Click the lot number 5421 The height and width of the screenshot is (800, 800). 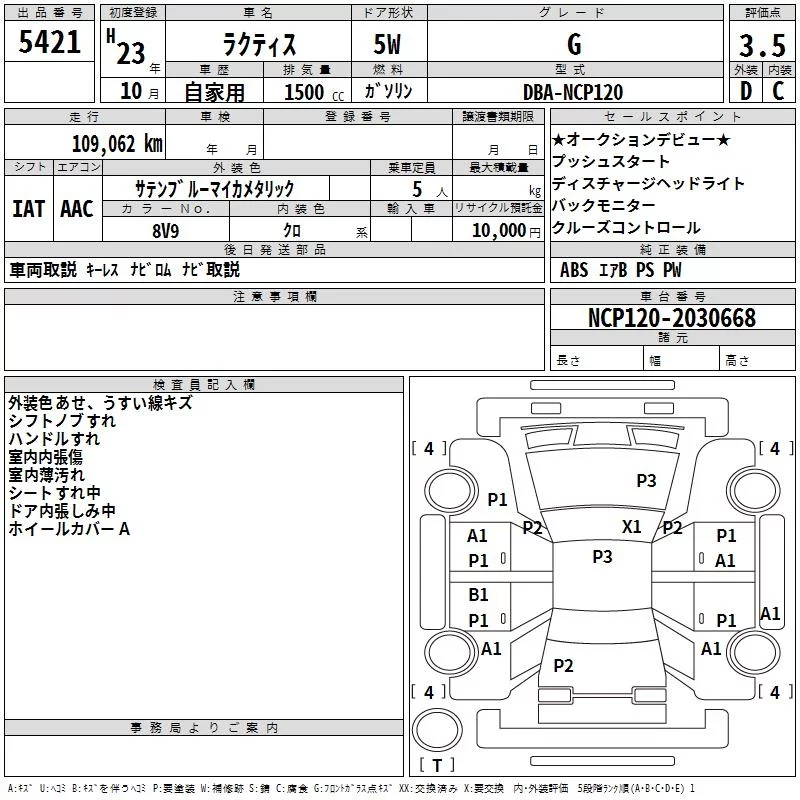point(49,42)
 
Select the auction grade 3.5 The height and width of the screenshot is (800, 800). point(762,45)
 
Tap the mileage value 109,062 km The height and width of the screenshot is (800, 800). point(117,144)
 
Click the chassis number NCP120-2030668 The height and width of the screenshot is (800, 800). point(672,317)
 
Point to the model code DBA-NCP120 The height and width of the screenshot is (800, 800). point(573,92)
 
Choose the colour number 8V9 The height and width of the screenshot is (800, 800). point(166,231)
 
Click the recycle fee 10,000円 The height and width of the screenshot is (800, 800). point(506,231)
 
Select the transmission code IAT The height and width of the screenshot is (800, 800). point(29,209)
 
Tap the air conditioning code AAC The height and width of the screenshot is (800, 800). point(77,209)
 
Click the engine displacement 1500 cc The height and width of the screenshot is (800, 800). point(314,92)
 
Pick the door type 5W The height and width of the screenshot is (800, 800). point(387,44)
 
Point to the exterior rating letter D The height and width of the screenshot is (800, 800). point(746,91)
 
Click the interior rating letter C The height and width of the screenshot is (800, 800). point(778,91)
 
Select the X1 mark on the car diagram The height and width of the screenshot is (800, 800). point(631,526)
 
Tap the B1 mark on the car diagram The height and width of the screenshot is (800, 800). point(478,594)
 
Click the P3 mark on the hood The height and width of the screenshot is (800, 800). point(646,480)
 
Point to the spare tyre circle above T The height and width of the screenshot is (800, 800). point(437,729)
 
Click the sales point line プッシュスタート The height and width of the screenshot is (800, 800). point(611,161)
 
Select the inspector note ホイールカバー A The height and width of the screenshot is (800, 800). point(69,529)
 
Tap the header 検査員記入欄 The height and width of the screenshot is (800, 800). point(204,385)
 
